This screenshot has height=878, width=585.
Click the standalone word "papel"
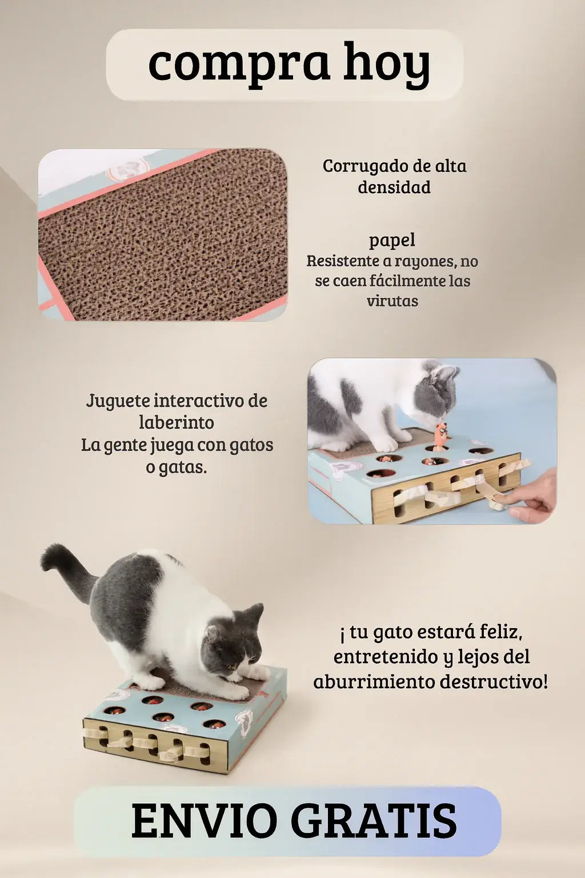click(x=392, y=241)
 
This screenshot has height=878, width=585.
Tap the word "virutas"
click(x=392, y=301)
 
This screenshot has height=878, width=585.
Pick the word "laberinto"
click(x=177, y=422)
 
